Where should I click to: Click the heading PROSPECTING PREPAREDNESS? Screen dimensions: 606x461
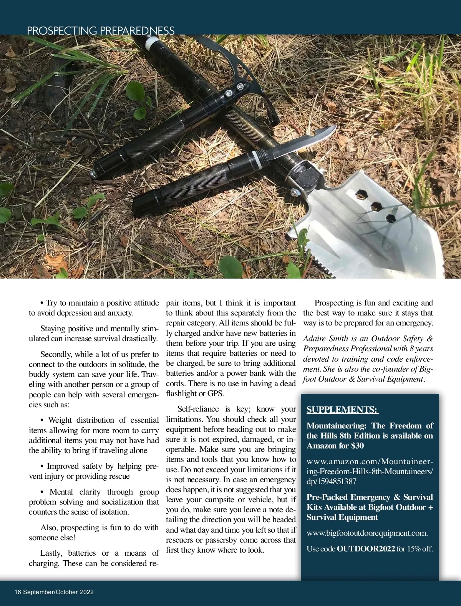coord(101,31)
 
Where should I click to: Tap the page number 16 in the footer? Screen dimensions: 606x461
coord(18,592)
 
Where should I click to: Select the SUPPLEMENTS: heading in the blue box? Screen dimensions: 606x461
coord(342,410)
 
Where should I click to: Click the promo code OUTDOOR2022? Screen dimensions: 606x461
coord(366,549)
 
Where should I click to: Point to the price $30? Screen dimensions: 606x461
coord(357,446)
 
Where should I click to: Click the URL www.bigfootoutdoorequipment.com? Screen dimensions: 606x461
coord(367,533)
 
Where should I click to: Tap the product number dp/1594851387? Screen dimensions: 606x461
coord(332,481)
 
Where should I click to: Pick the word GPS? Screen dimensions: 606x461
coord(215,393)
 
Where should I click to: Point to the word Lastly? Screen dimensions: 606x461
coord(51,553)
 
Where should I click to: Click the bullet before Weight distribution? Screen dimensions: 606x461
coord(42,420)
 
